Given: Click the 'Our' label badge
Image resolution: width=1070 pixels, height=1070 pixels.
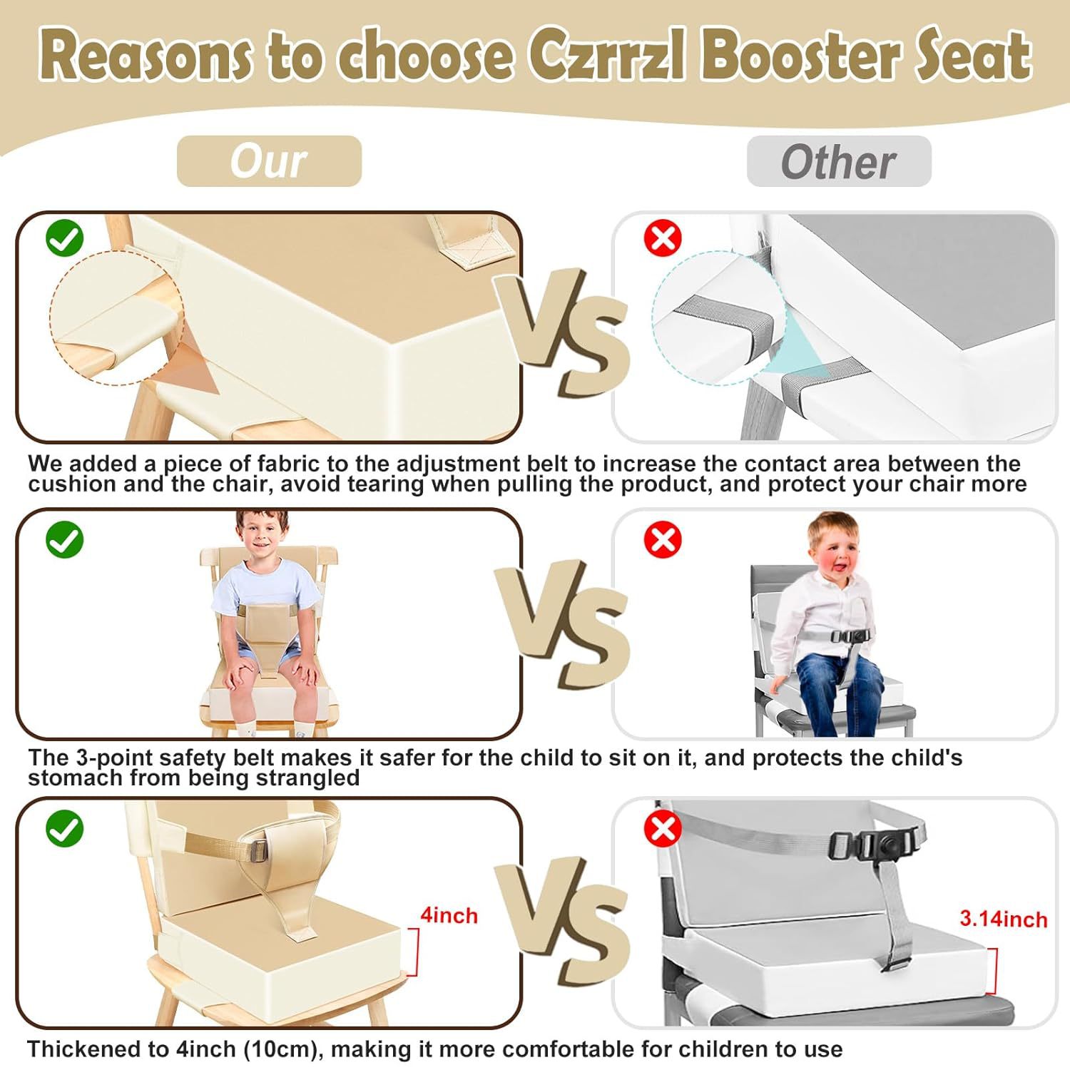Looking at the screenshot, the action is tap(269, 161).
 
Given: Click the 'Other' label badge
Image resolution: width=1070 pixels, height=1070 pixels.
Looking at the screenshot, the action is tap(839, 162).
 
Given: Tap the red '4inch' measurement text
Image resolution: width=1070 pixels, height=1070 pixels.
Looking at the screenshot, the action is tap(449, 915).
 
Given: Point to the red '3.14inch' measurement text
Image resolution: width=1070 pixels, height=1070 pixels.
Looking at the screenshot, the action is tap(1003, 919).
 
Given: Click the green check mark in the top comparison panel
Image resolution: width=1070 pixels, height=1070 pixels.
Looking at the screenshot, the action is tap(64, 238).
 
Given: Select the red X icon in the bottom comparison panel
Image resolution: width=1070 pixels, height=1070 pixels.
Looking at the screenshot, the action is tap(663, 829).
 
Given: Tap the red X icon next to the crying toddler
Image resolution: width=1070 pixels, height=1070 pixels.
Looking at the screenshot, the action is tap(663, 539).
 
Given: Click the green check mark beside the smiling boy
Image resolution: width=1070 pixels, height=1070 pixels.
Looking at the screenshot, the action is tap(64, 539).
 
